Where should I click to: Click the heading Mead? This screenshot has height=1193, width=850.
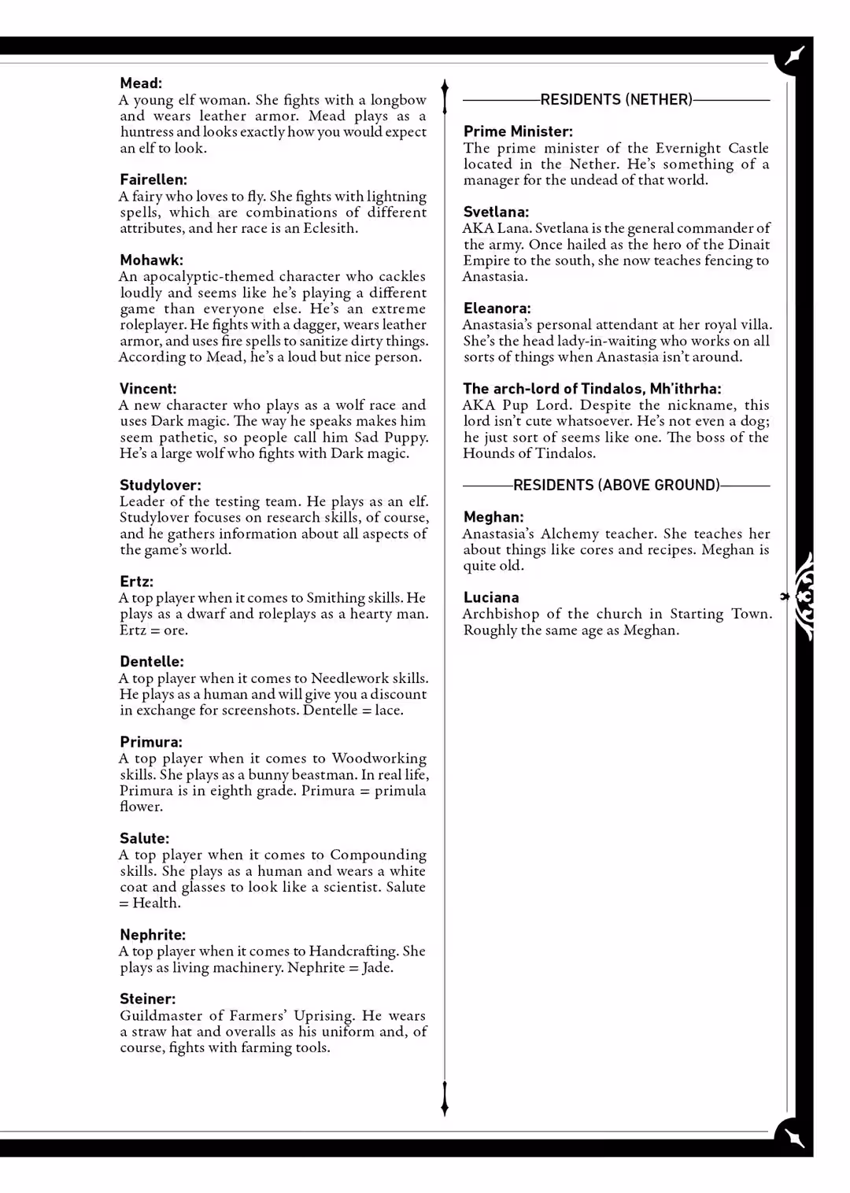pos(141,83)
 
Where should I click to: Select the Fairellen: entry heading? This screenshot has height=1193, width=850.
pos(153,179)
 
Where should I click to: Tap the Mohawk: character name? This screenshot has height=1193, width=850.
pos(151,260)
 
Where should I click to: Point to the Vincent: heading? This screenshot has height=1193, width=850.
pos(148,389)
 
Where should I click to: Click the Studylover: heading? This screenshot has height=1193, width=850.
pos(161,486)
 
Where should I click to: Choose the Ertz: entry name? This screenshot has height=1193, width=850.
pos(136,582)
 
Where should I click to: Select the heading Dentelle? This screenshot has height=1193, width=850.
pos(152,662)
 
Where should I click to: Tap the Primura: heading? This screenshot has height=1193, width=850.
pos(151,742)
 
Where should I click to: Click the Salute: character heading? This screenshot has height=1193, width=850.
pos(145,839)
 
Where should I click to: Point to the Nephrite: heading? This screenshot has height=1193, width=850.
pos(153,935)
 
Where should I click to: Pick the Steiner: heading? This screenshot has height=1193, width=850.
pos(148,999)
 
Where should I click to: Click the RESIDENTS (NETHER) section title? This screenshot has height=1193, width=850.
pos(616,100)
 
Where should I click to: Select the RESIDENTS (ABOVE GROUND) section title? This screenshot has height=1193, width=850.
pos(616,486)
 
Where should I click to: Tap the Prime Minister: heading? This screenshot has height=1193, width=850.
pos(518,131)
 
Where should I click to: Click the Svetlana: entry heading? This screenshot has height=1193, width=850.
pos(496,212)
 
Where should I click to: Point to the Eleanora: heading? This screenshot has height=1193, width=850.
pos(497,308)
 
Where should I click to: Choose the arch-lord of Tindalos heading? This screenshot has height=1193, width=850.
pos(592,389)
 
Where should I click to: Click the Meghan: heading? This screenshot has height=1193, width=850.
pos(493,517)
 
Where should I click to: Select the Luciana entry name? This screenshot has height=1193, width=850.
pos(491,597)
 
